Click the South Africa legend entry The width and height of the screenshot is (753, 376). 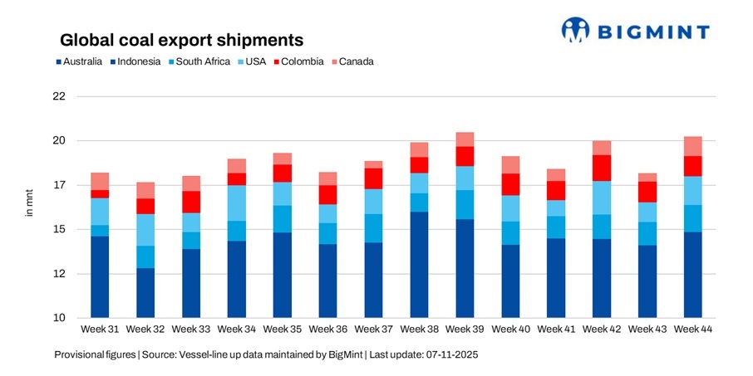197,61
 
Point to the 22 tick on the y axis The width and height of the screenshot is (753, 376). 58,96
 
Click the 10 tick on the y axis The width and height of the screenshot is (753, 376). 58,318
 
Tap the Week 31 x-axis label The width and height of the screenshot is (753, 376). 100,330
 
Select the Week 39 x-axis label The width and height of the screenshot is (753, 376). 465,330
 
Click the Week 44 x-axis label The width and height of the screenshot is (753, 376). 693,330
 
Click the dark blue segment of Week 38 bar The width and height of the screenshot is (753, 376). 419,265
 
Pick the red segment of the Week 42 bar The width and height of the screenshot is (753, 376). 602,168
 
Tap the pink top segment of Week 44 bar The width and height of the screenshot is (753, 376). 693,146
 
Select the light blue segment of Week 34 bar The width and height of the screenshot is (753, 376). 237,203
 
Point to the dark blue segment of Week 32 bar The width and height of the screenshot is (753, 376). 145,293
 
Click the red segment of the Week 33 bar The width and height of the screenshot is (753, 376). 191,202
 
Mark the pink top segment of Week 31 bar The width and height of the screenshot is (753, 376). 100,181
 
